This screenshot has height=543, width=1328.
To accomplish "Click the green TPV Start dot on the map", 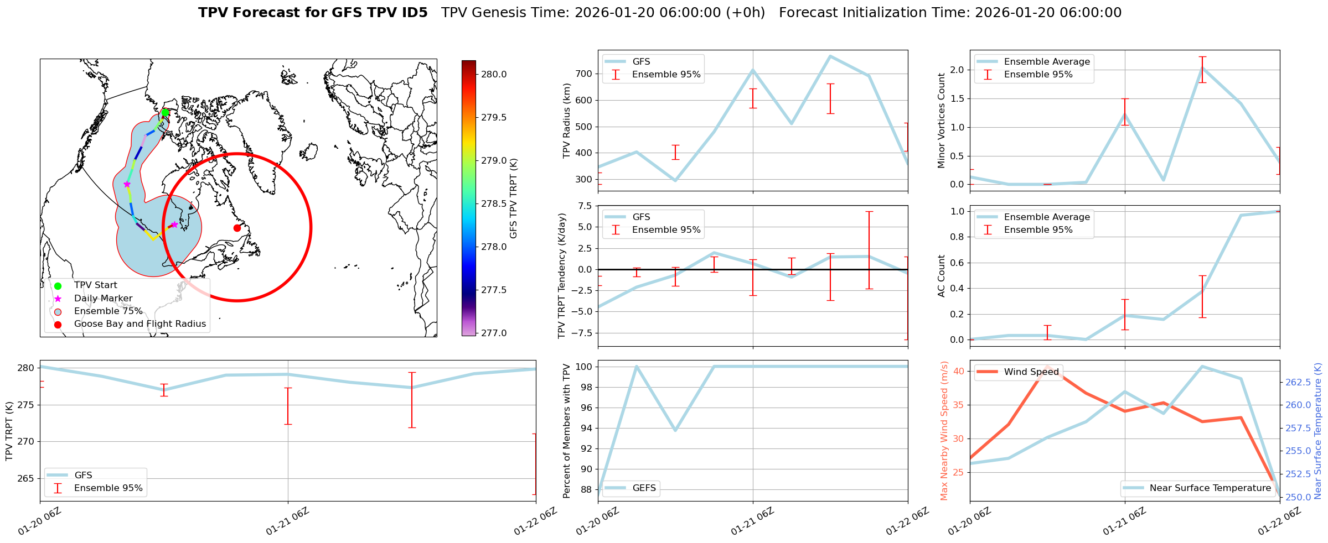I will [165, 113].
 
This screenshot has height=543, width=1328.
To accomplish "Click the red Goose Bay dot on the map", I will [237, 228].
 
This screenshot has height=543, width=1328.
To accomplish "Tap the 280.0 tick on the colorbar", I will [492, 75].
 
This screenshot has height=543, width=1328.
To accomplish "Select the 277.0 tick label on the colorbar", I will [492, 333].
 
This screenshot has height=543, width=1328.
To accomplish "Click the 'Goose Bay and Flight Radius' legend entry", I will [139, 324].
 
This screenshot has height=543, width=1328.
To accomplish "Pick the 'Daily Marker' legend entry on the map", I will [103, 299].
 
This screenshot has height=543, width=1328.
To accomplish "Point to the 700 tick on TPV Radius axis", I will [584, 74].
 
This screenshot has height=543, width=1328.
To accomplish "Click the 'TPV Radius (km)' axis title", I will [566, 121].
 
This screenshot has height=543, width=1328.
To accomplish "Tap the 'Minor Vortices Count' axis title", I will [942, 121].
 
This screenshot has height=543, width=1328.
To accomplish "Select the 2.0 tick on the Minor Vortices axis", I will [957, 70].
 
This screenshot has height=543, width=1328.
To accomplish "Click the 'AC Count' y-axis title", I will [942, 276].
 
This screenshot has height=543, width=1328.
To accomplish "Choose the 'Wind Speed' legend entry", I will [1031, 372].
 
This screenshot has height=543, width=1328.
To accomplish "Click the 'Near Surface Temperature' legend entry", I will [1210, 488].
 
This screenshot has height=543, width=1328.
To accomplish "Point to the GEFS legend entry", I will [644, 488].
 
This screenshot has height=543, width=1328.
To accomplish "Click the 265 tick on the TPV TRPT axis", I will [27, 478].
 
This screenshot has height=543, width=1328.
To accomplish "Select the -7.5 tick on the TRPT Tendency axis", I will [582, 333].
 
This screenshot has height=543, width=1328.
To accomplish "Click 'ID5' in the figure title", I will [415, 13].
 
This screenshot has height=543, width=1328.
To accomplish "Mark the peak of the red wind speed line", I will [1047, 366].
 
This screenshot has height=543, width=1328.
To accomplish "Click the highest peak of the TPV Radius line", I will [830, 56].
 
